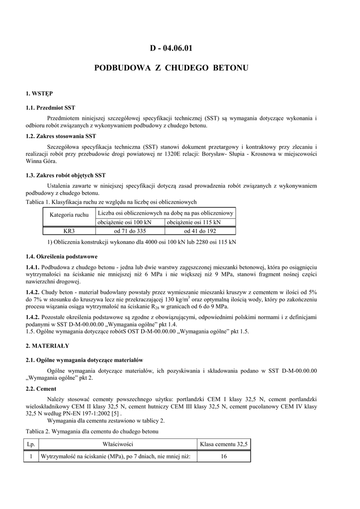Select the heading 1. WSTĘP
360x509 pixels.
(39, 93)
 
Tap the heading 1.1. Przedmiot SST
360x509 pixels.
(50, 107)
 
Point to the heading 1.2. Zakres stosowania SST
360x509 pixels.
(61, 136)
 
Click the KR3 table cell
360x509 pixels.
(69, 231)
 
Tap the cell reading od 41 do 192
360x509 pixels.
(200, 231)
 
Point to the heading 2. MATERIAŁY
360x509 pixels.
(48, 345)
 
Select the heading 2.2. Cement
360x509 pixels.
(41, 388)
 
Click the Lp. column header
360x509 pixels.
(31, 444)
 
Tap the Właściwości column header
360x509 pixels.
(118, 444)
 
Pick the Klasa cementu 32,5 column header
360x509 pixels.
(223, 444)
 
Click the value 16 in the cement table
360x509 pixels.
(223, 456)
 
